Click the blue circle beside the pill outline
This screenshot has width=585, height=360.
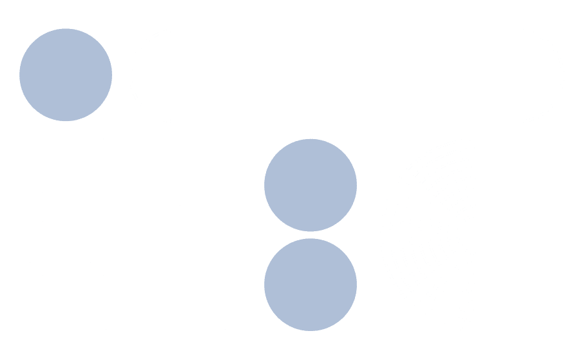pyautogui.click(x=66, y=75)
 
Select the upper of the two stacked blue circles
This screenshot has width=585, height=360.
pyautogui.click(x=310, y=185)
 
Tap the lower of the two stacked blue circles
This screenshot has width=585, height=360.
pyautogui.click(x=310, y=285)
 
